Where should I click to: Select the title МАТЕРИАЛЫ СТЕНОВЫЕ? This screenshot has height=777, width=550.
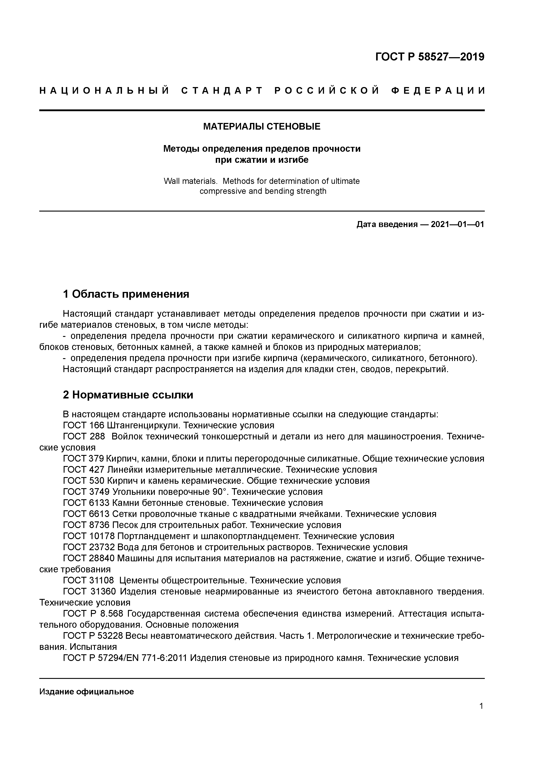[x=262, y=126]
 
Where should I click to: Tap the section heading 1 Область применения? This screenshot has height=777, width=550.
[x=126, y=294]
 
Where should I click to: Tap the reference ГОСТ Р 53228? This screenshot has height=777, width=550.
[x=93, y=636]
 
